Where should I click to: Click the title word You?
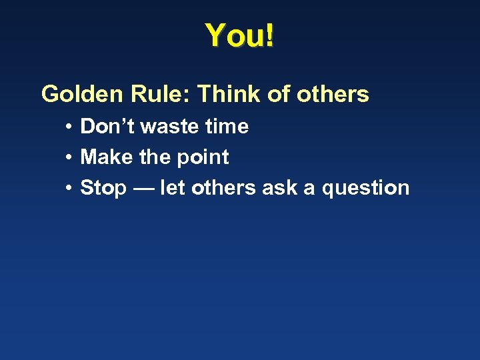click(239, 35)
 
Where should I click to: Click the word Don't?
click(107, 126)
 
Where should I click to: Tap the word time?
click(227, 126)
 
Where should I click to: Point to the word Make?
click(106, 157)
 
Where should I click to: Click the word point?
click(203, 157)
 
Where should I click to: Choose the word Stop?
click(103, 188)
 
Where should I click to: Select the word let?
click(172, 187)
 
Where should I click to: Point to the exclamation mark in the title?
click(269, 35)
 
